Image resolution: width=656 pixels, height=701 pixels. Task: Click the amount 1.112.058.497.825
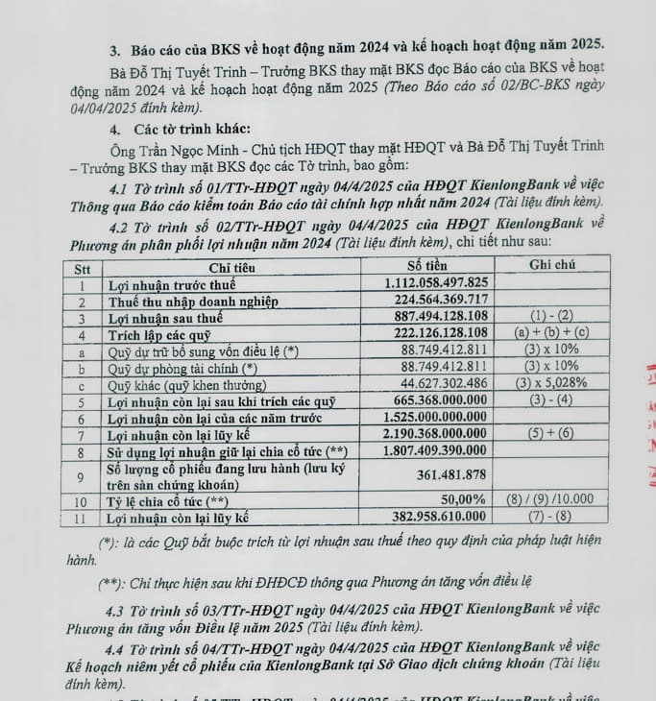tap(436, 282)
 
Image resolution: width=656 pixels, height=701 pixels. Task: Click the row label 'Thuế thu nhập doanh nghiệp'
tap(191, 302)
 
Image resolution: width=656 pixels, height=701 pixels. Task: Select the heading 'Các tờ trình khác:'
tap(180, 129)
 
